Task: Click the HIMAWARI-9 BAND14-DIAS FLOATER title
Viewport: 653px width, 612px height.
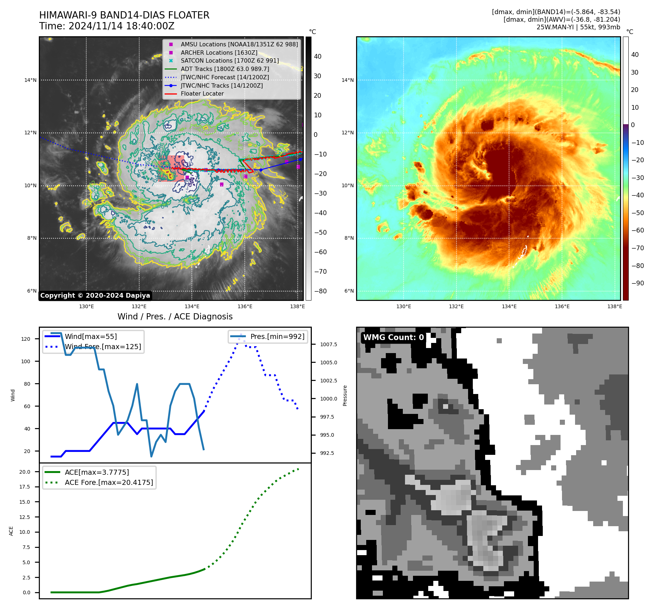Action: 124,15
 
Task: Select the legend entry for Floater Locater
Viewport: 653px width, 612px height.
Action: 202,94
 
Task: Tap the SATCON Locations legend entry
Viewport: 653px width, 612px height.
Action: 230,61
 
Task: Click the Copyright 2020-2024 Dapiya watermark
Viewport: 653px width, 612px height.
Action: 95,295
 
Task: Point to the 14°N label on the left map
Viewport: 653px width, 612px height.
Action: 30,80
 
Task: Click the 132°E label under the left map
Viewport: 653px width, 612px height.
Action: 139,306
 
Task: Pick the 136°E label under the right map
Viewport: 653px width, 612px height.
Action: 562,306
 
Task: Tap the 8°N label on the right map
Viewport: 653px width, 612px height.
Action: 349,238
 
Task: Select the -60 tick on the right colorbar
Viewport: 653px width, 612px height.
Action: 637,230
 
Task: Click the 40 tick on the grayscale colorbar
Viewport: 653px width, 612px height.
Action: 318,56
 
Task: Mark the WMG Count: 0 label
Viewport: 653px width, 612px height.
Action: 393,338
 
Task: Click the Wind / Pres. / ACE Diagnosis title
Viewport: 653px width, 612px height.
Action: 175,317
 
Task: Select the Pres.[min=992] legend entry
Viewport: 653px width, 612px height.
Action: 277,336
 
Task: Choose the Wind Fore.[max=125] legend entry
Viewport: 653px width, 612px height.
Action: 103,347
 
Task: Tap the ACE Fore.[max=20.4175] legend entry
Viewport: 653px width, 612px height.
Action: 109,482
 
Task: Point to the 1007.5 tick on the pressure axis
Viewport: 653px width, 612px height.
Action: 328,344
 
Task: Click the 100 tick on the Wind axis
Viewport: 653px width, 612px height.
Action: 26,361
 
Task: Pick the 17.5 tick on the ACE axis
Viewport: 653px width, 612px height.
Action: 25,487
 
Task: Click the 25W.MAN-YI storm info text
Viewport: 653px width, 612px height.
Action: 578,27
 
